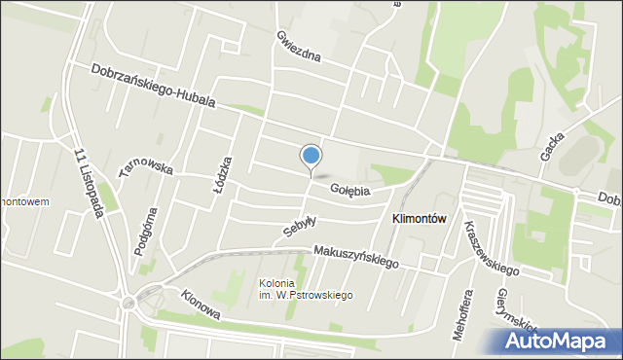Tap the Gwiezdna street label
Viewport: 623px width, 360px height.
coord(297,47)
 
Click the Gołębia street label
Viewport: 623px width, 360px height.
coord(350,191)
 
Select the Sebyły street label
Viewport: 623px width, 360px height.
coord(300,227)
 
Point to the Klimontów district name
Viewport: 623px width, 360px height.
coord(419,220)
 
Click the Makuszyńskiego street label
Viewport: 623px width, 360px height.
coord(357,256)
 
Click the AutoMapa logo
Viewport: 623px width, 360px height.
coord(558,340)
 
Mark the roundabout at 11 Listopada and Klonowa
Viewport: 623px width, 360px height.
coord(128,303)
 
